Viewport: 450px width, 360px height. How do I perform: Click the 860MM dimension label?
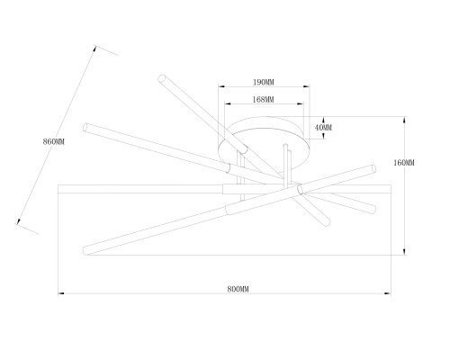click(x=54, y=141)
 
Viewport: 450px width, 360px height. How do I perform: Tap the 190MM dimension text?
click(x=264, y=82)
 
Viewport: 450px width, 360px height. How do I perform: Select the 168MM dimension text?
click(x=263, y=99)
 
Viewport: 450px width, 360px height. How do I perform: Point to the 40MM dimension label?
click(x=323, y=128)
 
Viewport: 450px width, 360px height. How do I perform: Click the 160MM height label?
click(x=404, y=163)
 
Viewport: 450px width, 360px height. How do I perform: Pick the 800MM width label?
click(x=238, y=289)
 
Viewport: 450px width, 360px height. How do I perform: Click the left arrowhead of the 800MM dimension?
click(x=61, y=293)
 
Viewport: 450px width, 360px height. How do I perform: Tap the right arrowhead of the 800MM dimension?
click(x=387, y=293)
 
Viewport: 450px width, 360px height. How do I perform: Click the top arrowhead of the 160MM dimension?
click(x=404, y=120)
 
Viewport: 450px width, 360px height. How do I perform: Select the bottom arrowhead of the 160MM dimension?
click(x=404, y=251)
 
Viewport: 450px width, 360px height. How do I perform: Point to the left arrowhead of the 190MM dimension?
click(x=221, y=86)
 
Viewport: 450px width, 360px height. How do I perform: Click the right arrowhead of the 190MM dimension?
click(x=306, y=86)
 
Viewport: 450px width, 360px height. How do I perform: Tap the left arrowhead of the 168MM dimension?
click(x=228, y=103)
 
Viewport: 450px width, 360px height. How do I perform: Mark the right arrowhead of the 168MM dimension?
click(x=301, y=103)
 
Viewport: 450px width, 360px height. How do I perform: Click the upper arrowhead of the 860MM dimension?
click(x=94, y=49)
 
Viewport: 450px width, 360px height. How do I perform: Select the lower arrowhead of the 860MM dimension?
click(x=19, y=220)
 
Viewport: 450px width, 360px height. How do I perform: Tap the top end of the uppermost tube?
click(x=162, y=78)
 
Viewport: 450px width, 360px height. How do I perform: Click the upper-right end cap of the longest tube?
click(x=373, y=168)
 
